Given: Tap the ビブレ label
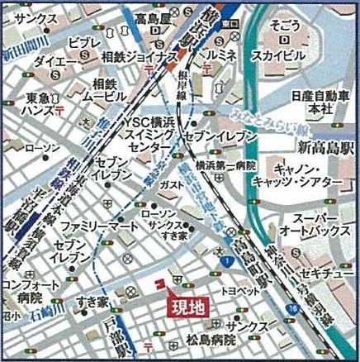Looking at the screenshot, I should pyautogui.click(x=83, y=42).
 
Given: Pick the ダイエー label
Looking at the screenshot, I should pyautogui.click(x=56, y=61).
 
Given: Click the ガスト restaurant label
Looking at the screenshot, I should pyautogui.click(x=172, y=184).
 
